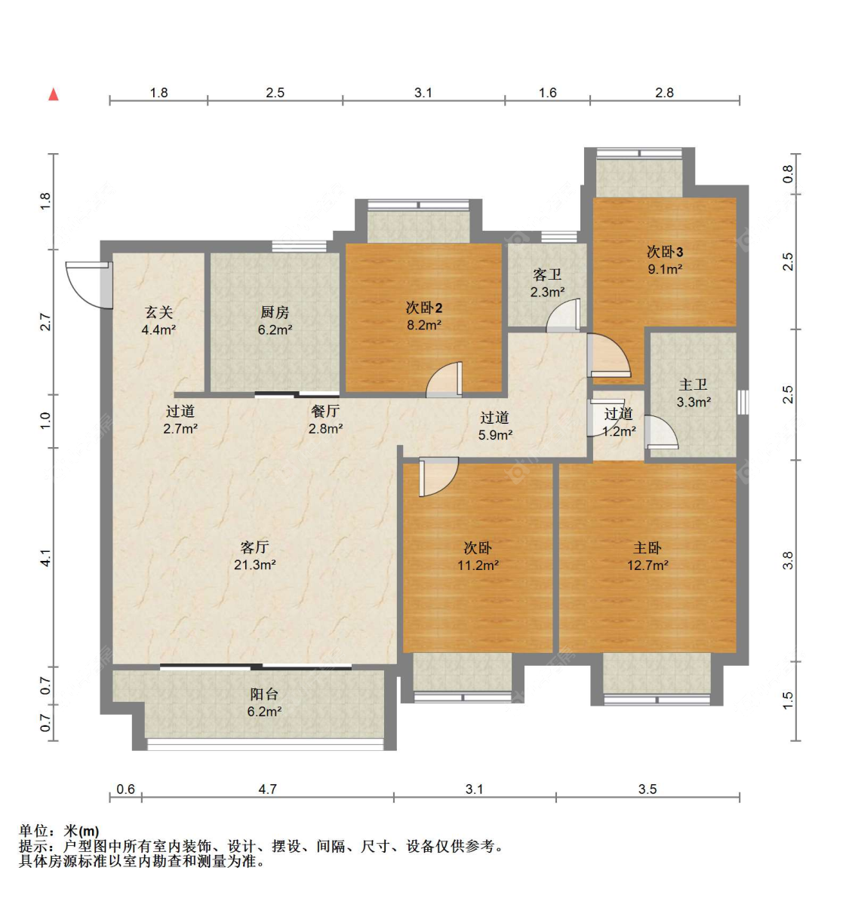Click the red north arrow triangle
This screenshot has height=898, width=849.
click(54, 94)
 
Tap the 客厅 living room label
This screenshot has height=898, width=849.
click(254, 547)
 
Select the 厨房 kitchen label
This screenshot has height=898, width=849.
click(275, 312)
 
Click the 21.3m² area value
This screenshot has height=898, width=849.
click(255, 565)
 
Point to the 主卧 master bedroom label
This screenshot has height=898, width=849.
click(648, 548)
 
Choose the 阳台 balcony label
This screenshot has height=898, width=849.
click(264, 694)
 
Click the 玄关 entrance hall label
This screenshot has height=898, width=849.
click(158, 312)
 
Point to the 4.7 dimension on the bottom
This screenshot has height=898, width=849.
click(268, 789)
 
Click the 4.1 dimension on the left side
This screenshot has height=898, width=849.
click(46, 558)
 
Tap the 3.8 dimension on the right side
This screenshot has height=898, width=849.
click(788, 560)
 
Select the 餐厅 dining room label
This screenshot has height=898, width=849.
click(325, 411)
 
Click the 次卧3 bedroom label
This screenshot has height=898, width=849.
click(665, 251)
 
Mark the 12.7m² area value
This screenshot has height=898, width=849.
click(648, 565)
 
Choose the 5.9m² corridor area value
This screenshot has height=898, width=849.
click(495, 435)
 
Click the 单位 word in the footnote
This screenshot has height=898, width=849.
click(33, 830)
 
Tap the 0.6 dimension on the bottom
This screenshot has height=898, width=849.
click(125, 789)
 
